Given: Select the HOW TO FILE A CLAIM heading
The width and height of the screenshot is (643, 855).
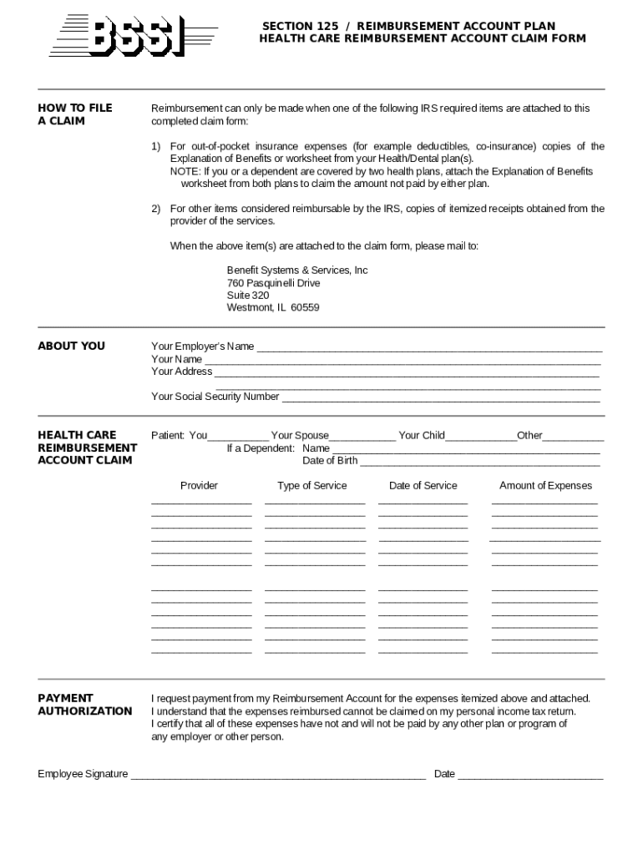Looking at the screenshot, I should (75, 114).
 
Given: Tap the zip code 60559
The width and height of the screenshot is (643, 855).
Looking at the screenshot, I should (305, 307).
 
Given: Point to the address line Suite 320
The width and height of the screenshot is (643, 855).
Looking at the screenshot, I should (248, 295).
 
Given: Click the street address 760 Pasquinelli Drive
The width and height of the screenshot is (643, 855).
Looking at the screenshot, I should (273, 283).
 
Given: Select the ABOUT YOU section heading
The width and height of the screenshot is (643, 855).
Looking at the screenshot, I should (72, 346).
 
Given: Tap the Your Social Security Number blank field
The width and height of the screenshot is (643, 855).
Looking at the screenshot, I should (441, 398).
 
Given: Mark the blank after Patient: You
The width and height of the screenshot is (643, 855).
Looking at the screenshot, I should (238, 437).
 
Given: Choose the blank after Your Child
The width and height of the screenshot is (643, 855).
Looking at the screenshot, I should (481, 437).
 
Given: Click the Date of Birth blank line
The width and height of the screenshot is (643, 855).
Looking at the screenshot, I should (479, 462).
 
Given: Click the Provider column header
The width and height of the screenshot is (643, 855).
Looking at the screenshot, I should (199, 486).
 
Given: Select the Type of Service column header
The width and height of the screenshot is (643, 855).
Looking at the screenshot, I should (312, 486).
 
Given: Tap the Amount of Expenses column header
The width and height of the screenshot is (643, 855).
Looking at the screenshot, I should (545, 486).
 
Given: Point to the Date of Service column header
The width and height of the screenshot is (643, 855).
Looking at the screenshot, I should (423, 486).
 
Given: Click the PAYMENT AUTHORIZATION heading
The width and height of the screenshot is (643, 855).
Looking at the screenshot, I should (84, 705).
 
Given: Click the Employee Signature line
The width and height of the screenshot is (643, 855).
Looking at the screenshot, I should (277, 776).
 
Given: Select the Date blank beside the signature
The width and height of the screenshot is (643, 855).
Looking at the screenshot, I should (530, 776).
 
